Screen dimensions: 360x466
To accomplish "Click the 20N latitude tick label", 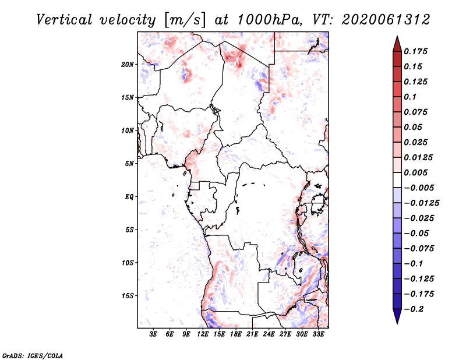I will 128,64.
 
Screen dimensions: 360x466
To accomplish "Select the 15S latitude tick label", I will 128,296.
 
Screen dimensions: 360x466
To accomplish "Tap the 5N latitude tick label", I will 129,164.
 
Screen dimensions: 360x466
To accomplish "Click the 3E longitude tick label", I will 154,334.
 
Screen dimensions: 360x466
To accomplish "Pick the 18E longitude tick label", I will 236,334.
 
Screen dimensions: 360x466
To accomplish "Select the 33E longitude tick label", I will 318,334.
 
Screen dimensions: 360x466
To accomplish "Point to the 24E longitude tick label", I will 269,334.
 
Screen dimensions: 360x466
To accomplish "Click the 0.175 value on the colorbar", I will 416,51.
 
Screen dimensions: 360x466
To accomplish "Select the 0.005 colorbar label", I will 416,172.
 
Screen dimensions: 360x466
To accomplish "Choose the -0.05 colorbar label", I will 416,233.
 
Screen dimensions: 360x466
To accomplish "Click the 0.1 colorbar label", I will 411,97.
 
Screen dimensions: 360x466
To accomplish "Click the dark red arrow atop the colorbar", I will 397,43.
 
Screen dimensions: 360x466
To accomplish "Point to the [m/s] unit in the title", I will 184,20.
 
